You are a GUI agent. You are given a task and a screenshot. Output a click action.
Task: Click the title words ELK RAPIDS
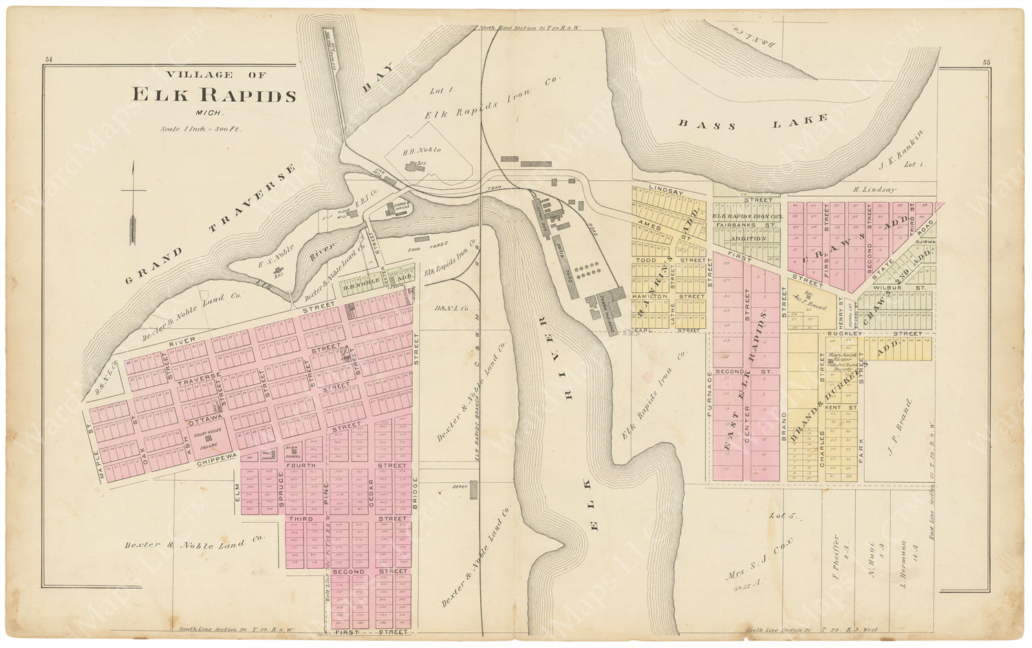point(214,95)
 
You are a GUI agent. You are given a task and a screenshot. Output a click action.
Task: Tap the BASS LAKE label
point(753,122)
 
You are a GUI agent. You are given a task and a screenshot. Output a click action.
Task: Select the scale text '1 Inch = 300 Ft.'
point(200,129)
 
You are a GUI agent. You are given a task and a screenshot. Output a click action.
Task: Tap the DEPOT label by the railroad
point(460,486)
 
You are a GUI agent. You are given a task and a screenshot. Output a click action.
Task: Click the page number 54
point(49,61)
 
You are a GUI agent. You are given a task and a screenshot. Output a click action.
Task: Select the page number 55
point(986,62)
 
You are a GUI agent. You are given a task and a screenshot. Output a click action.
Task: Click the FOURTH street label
point(301,466)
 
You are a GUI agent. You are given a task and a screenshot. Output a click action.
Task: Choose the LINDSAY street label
point(666,191)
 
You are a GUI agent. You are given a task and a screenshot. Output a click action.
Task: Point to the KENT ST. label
point(841,408)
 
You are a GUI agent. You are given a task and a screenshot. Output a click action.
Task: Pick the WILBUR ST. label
point(890,288)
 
